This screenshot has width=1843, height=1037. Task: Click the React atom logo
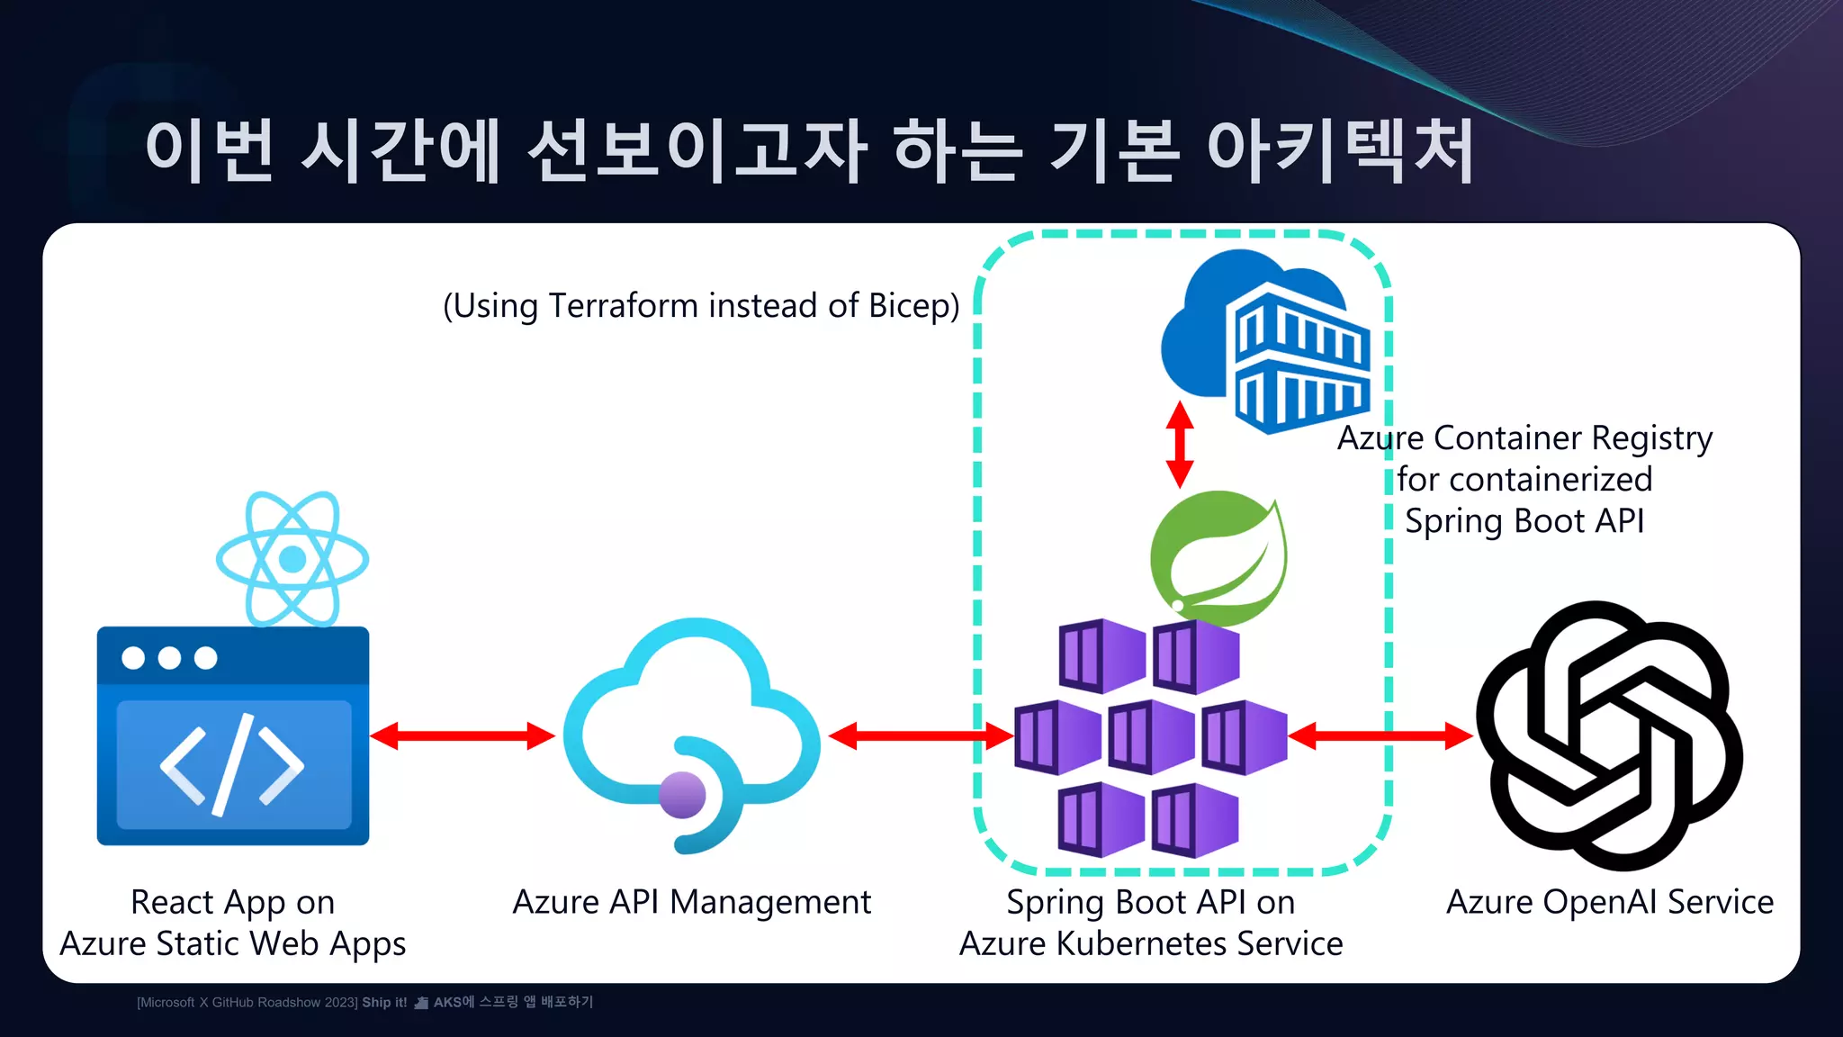[x=292, y=559]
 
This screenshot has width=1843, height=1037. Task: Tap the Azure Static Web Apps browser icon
[x=233, y=735]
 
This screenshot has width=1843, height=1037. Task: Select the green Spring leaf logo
[x=1219, y=557]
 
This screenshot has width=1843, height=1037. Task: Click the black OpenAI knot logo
[x=1609, y=735]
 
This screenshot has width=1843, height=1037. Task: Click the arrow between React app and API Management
[x=463, y=735]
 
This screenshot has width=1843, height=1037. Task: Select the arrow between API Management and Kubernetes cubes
[x=920, y=735]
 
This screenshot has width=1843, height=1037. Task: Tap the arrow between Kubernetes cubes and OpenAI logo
[x=1380, y=735]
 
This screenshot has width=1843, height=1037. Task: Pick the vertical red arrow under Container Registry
[x=1180, y=445]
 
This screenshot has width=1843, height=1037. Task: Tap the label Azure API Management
[x=691, y=902]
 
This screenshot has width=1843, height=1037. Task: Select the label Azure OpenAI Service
[x=1609, y=902]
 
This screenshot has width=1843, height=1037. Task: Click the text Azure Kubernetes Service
[x=1151, y=943]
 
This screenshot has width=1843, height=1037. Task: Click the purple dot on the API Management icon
[x=682, y=795]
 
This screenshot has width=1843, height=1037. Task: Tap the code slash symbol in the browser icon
[x=232, y=765]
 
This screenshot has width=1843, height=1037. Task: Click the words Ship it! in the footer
[x=384, y=1002]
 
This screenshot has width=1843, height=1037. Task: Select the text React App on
[x=232, y=902]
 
